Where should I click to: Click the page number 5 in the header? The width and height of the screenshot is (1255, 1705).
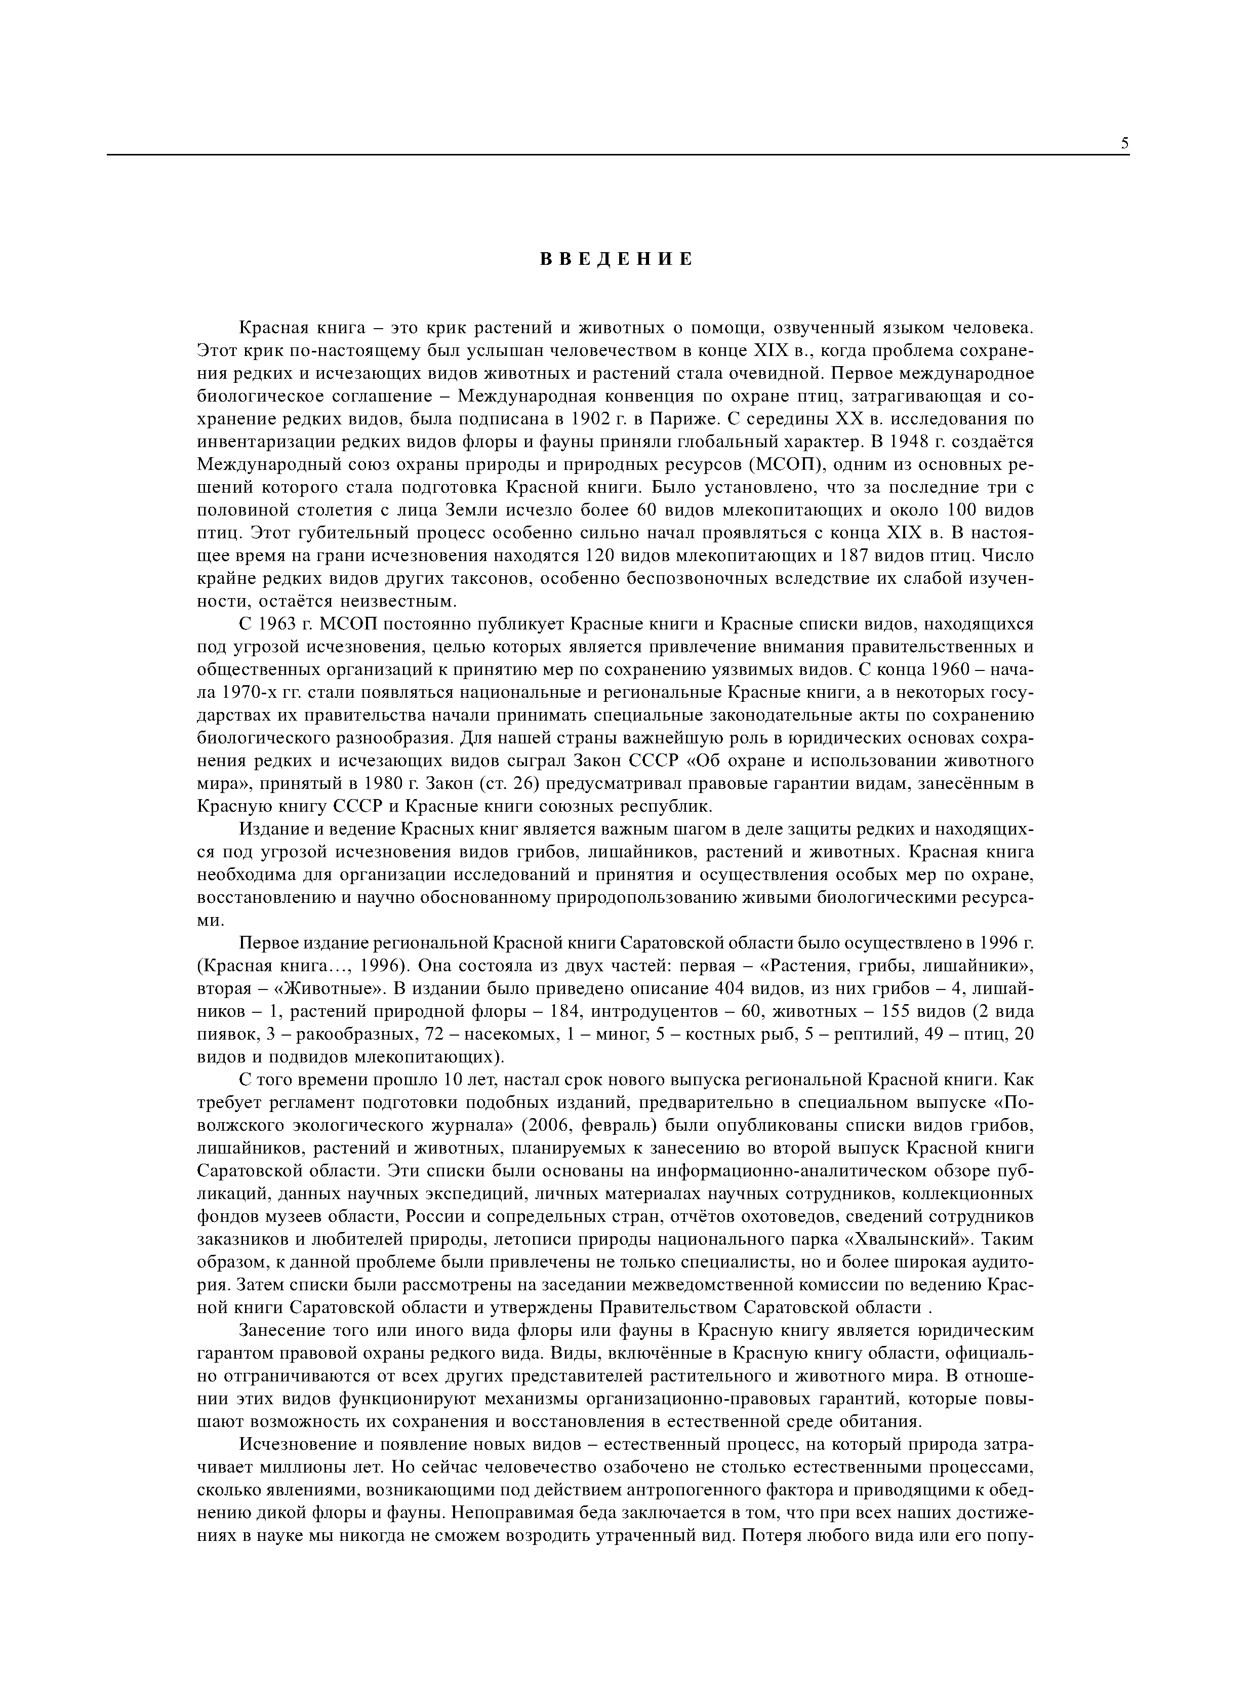[1124, 144]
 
